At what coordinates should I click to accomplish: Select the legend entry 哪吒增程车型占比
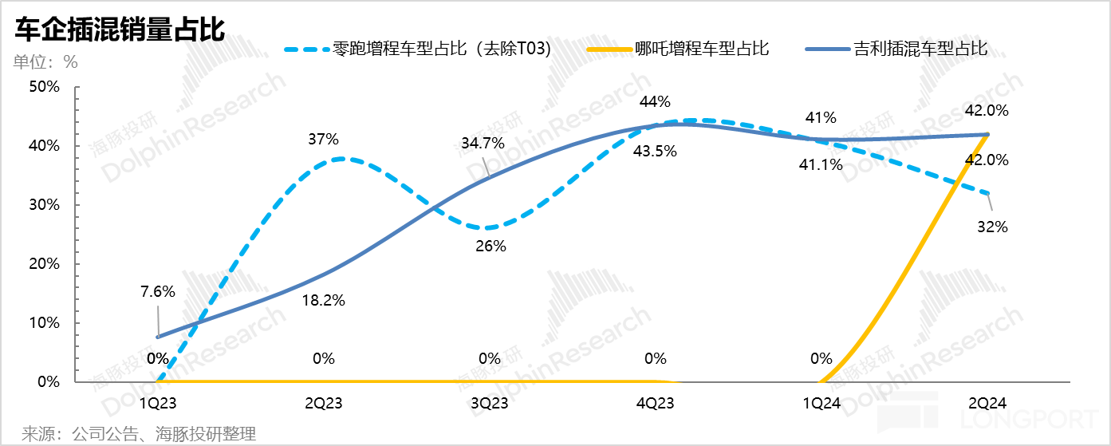(x=702, y=49)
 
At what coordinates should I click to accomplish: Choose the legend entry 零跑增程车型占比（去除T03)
(x=443, y=49)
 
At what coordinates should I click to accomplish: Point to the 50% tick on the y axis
(x=45, y=87)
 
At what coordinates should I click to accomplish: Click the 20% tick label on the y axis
(x=45, y=264)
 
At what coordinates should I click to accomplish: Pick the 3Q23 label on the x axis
(x=490, y=404)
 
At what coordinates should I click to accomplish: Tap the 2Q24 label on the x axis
(x=987, y=404)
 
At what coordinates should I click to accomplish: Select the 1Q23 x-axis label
(x=158, y=404)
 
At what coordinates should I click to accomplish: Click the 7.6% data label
(x=157, y=291)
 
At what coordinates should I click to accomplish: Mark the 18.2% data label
(x=324, y=301)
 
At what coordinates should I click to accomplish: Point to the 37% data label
(x=324, y=139)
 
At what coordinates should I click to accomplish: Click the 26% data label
(x=490, y=246)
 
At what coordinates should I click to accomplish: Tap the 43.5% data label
(x=656, y=151)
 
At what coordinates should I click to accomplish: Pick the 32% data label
(x=992, y=227)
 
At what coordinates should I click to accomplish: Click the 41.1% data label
(x=821, y=165)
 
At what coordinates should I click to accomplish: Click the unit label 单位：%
(x=46, y=62)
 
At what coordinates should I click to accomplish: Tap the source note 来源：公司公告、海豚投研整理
(x=139, y=434)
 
